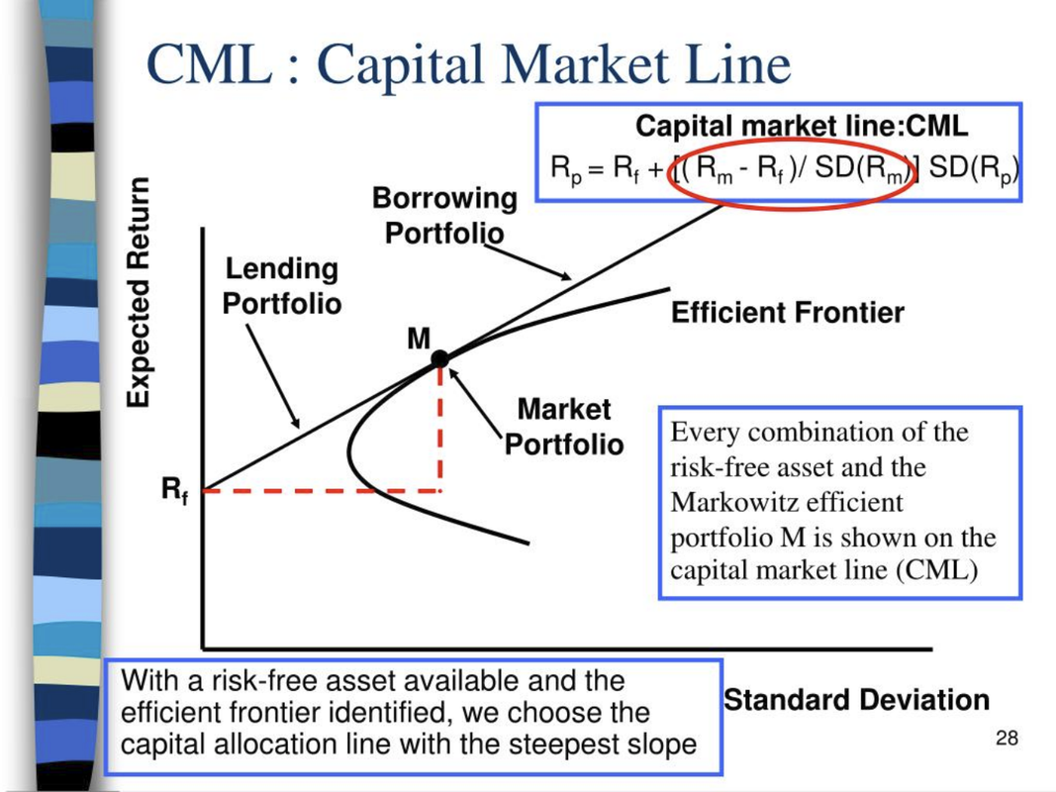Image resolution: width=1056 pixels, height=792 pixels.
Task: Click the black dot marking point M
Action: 439,359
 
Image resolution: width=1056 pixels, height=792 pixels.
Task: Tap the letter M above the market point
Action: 419,338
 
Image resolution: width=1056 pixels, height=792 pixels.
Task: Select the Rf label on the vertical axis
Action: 175,489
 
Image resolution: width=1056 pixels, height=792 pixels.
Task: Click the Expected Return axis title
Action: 138,292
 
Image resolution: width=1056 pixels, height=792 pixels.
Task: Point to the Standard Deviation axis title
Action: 857,700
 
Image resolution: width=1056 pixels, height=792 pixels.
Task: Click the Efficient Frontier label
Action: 787,313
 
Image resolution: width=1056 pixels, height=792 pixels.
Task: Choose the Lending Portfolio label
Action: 282,286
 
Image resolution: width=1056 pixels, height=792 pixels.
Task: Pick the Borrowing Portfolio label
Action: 444,216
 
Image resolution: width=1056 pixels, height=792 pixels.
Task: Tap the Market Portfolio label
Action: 564,427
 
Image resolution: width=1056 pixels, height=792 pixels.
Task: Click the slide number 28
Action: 1007,739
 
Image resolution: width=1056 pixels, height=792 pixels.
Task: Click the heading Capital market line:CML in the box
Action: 802,126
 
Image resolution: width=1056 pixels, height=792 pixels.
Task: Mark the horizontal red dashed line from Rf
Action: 322,491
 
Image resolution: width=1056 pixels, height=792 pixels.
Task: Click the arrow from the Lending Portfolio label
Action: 273,376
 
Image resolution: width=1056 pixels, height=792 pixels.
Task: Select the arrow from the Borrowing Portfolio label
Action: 528,262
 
